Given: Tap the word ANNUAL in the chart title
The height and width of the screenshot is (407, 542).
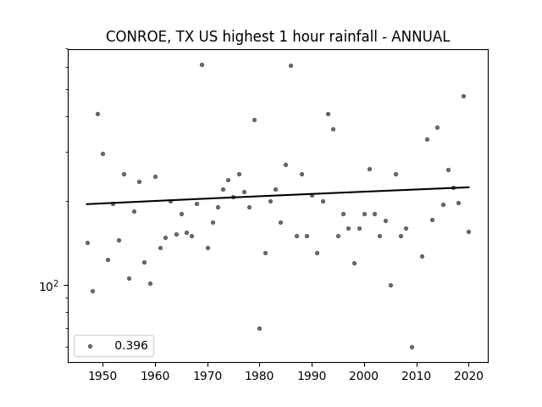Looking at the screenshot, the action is [x=420, y=36].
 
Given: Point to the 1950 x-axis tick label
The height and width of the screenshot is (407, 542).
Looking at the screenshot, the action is [x=102, y=376].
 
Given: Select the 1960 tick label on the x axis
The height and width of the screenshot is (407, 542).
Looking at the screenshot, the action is [x=155, y=376].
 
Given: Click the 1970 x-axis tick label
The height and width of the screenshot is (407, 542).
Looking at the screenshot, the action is [x=207, y=376].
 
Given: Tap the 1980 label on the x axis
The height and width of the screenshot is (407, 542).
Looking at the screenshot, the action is [x=260, y=376].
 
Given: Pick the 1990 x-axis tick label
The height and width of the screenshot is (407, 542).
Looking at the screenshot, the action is [x=312, y=376].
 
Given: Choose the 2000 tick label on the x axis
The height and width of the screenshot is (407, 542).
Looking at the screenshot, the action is [x=364, y=376].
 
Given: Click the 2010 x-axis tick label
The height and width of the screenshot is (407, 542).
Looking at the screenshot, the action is [x=417, y=376].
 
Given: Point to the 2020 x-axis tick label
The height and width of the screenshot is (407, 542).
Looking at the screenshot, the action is [x=468, y=376].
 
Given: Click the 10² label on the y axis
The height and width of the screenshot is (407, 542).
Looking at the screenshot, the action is [x=49, y=286].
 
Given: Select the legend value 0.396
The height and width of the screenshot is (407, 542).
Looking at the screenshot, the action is [x=131, y=345].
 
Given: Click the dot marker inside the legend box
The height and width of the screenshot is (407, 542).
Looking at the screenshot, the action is [x=91, y=346].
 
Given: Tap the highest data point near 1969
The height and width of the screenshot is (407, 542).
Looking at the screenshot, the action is [x=202, y=64].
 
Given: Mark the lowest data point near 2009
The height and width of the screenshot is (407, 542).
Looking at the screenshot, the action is [x=412, y=347].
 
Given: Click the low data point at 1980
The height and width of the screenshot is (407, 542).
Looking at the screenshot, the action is [x=260, y=328].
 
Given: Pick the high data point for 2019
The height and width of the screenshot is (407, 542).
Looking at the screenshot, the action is [x=463, y=96].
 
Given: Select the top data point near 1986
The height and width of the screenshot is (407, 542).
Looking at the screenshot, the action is [x=290, y=66].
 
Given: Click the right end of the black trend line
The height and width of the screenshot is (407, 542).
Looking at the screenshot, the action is [x=469, y=187].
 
